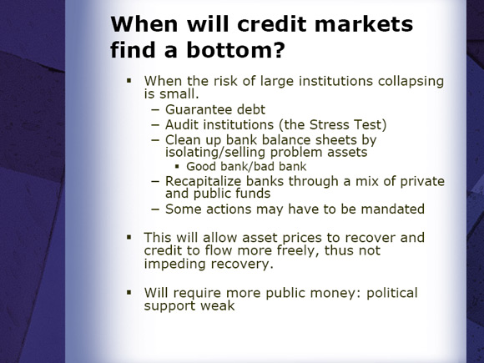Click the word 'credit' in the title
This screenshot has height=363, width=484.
tap(272, 24)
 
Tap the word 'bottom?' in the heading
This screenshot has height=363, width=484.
tap(235, 50)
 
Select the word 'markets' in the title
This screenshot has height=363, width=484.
tap(364, 24)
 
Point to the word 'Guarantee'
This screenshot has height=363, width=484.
tap(199, 109)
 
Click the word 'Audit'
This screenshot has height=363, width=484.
tap(182, 124)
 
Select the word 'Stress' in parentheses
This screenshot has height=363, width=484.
tap(330, 124)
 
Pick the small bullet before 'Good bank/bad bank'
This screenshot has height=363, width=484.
tap(177, 167)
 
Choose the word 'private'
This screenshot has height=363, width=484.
tap(422, 182)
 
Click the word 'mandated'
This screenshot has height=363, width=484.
tap(393, 209)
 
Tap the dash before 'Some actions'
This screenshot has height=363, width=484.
tap(155, 209)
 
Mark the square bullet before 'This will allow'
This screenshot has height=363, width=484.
tap(129, 237)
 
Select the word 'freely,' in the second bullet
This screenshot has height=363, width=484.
tap(298, 250)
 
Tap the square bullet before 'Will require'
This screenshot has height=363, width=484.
tap(129, 292)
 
